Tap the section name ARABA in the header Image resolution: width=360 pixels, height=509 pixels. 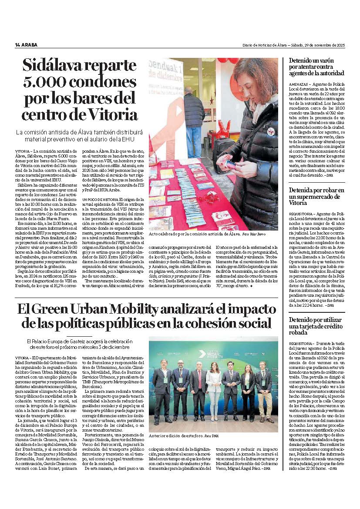[x=30, y=45]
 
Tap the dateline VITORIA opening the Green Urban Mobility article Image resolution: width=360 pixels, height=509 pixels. [x=21, y=357]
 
